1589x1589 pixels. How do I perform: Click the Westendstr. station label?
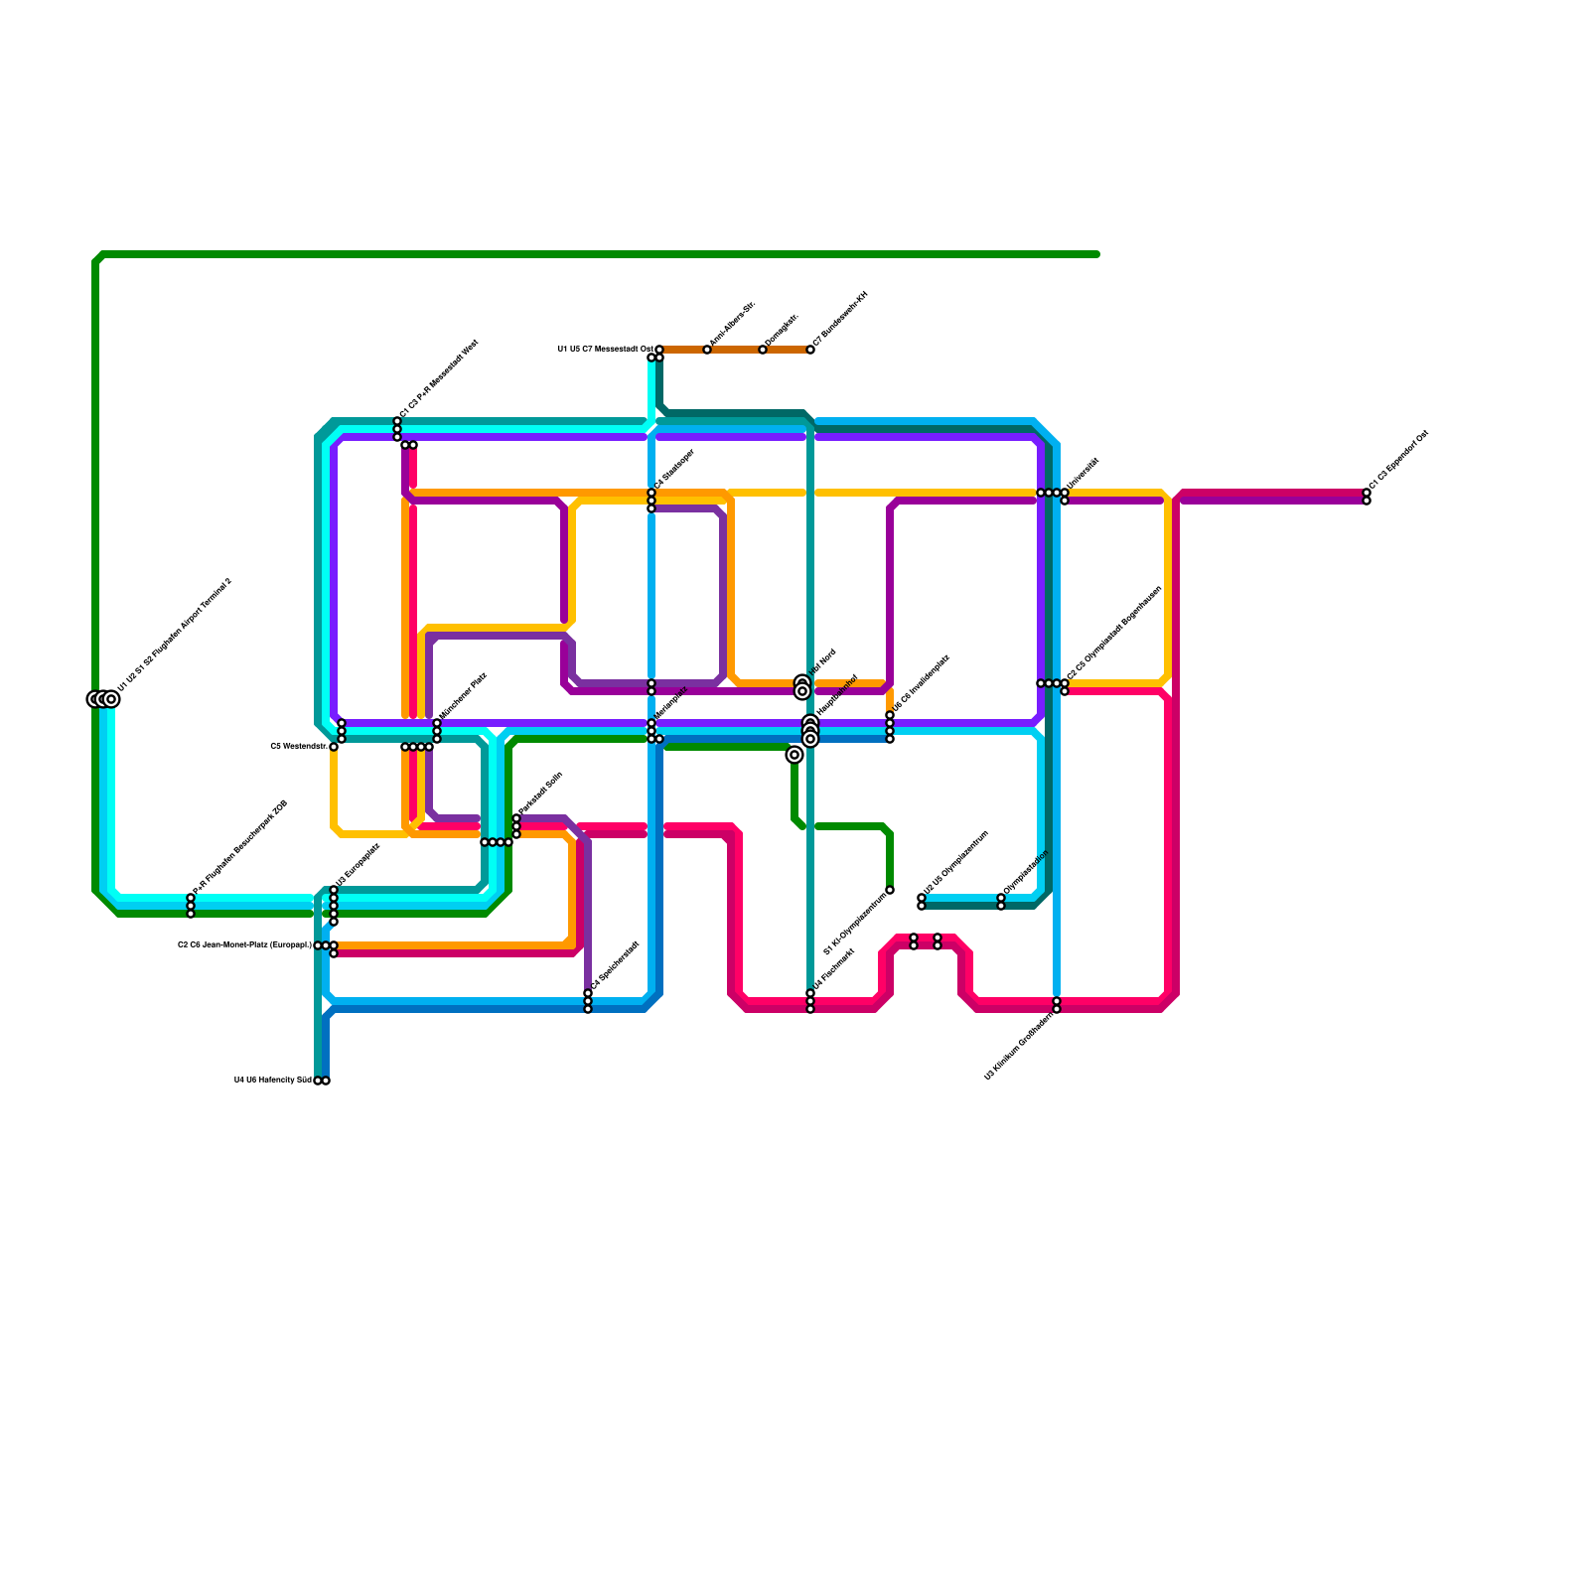point(299,746)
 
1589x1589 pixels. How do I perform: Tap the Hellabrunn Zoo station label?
point(273,1080)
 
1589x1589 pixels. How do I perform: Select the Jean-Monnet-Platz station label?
point(245,944)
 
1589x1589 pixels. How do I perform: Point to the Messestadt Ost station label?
point(605,349)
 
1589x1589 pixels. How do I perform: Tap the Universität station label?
point(1083,475)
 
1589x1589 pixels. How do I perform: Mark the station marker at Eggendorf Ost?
point(1367,497)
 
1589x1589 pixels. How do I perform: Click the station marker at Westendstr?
point(334,747)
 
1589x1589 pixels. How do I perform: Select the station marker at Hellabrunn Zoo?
point(322,1081)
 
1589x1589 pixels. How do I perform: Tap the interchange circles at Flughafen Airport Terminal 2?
point(103,699)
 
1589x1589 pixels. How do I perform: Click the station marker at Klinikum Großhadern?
point(1057,1005)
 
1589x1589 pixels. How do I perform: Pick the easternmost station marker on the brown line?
point(810,350)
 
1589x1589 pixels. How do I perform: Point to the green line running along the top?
point(596,254)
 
